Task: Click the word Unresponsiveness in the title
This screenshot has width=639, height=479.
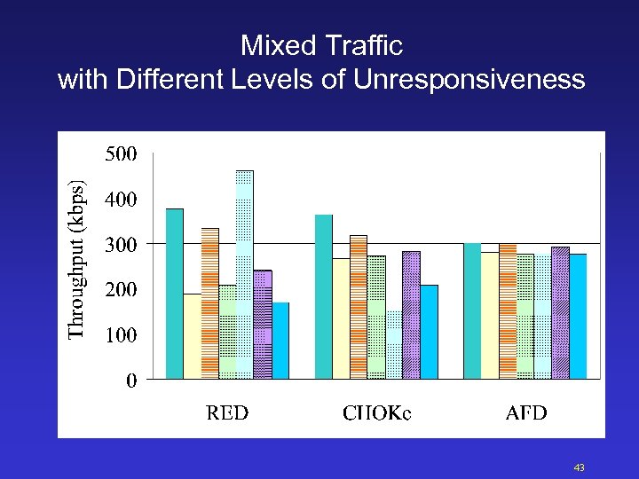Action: (x=469, y=80)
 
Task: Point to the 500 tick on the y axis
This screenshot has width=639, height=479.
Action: (x=121, y=154)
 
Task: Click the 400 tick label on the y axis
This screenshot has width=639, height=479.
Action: (x=121, y=200)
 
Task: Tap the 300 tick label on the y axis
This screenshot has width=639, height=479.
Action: (x=121, y=244)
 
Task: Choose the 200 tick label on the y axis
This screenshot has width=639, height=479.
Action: (x=121, y=290)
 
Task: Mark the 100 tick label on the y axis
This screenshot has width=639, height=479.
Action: (x=121, y=335)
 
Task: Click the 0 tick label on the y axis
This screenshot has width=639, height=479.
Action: (x=131, y=381)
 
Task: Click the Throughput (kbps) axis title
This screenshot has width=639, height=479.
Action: (x=78, y=259)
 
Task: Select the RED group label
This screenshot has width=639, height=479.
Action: (x=227, y=412)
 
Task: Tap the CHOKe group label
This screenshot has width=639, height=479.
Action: (x=376, y=412)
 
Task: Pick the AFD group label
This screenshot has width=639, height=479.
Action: (x=525, y=412)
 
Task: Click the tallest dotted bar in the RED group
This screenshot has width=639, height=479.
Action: (x=244, y=275)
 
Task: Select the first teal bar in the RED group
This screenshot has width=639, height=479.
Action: (x=174, y=294)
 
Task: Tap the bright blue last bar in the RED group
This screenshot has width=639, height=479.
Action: (x=280, y=341)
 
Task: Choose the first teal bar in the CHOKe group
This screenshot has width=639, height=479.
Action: (x=323, y=296)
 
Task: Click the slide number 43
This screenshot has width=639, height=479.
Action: (x=580, y=467)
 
